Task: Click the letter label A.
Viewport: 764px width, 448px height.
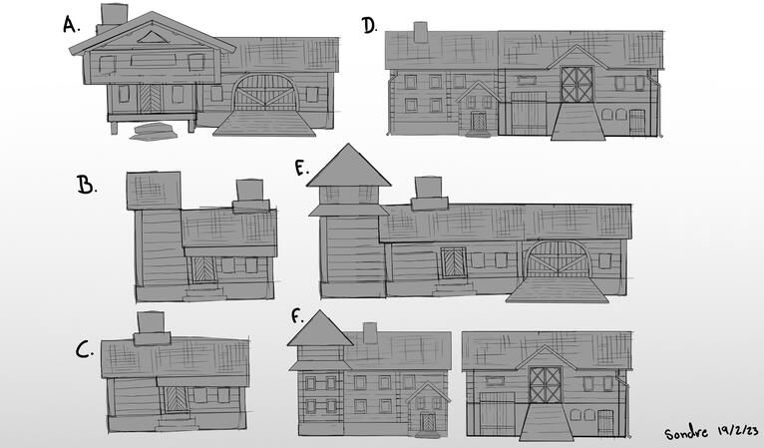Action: [x=71, y=24]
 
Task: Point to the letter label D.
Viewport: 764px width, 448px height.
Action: [x=370, y=26]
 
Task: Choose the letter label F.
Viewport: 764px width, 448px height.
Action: [x=296, y=316]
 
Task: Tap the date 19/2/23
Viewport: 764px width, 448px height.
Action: [x=738, y=429]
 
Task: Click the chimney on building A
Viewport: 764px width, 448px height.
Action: [x=114, y=14]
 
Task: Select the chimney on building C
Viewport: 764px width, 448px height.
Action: [x=150, y=326]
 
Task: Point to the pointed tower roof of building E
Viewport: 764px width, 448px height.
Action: [x=348, y=167]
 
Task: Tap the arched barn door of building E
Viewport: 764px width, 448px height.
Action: [x=556, y=259]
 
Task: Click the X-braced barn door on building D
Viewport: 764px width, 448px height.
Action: [x=576, y=84]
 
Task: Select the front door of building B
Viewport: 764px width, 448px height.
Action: [x=202, y=269]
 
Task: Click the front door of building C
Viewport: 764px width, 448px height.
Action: [x=176, y=398]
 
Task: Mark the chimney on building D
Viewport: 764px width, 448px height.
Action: [x=420, y=32]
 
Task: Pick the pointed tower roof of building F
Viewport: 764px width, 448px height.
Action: [x=319, y=327]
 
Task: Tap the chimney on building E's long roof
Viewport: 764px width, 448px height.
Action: [x=427, y=191]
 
